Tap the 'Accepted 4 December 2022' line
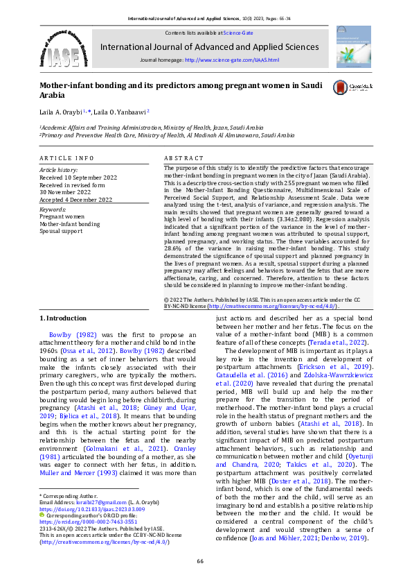pos(74,199)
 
